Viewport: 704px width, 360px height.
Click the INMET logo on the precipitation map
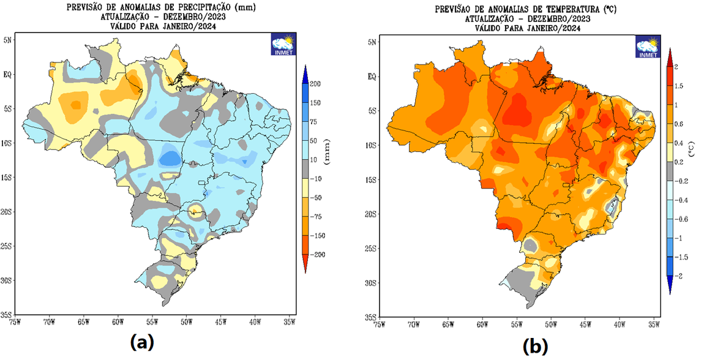[283, 46]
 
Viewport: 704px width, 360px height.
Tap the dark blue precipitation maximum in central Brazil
[170, 159]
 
